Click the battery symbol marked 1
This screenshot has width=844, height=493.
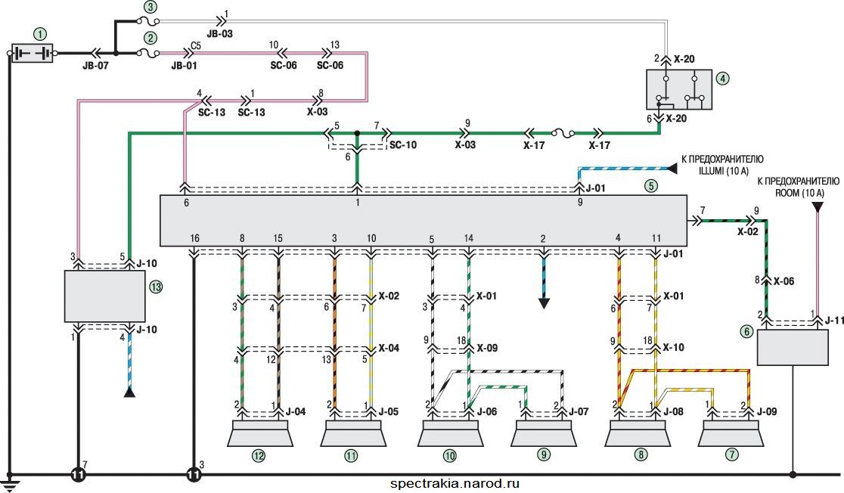(33, 53)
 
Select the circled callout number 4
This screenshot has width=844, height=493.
(723, 79)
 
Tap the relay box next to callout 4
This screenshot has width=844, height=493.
(678, 89)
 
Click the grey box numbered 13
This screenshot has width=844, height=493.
(105, 296)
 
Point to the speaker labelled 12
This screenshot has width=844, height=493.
(260, 434)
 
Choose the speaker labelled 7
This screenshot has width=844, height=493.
(731, 434)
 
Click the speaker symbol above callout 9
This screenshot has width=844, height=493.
(544, 434)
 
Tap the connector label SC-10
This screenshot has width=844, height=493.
(403, 144)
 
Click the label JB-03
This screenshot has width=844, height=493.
(219, 34)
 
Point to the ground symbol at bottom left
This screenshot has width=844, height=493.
(10, 482)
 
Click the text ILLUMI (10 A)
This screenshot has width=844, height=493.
(724, 171)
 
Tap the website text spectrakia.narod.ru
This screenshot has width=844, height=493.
(455, 483)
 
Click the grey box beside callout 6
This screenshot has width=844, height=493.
(793, 347)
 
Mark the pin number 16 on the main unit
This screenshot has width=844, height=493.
(194, 238)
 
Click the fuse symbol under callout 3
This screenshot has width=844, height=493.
(147, 21)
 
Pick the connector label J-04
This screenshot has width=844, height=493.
(296, 412)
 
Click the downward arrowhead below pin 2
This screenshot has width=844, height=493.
(544, 302)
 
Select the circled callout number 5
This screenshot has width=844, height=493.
(651, 186)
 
